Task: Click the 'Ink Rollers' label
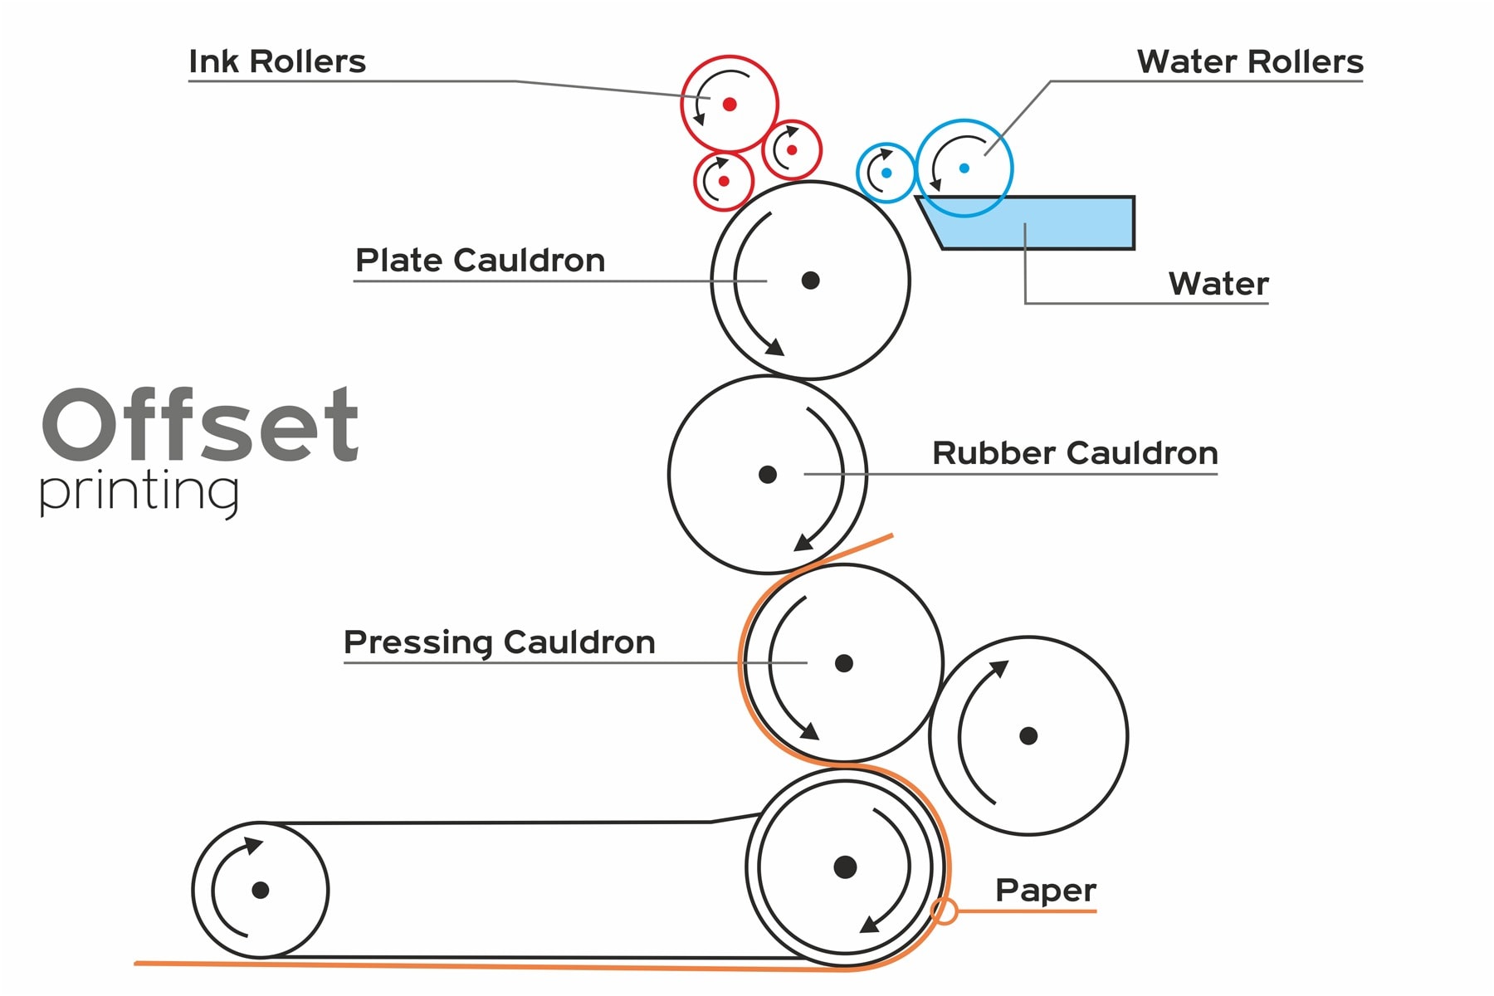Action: click(277, 61)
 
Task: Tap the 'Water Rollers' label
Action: click(1250, 61)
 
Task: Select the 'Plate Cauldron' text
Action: click(480, 261)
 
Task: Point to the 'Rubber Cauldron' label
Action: click(1075, 453)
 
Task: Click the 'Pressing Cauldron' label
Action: click(500, 642)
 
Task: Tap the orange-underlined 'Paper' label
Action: click(1046, 891)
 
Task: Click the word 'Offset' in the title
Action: click(200, 424)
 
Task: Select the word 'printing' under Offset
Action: click(139, 492)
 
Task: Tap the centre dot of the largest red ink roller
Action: click(730, 104)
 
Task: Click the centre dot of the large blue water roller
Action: click(964, 168)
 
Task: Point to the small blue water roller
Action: click(886, 173)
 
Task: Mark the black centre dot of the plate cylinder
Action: click(811, 281)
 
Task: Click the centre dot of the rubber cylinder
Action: click(768, 475)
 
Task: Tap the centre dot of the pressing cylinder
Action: click(844, 663)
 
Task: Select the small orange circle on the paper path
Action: click(945, 911)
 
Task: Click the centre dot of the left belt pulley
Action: click(261, 890)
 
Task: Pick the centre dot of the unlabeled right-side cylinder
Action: click(1028, 735)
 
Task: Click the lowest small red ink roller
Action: click(724, 181)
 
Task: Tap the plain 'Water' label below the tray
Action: click(1218, 284)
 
